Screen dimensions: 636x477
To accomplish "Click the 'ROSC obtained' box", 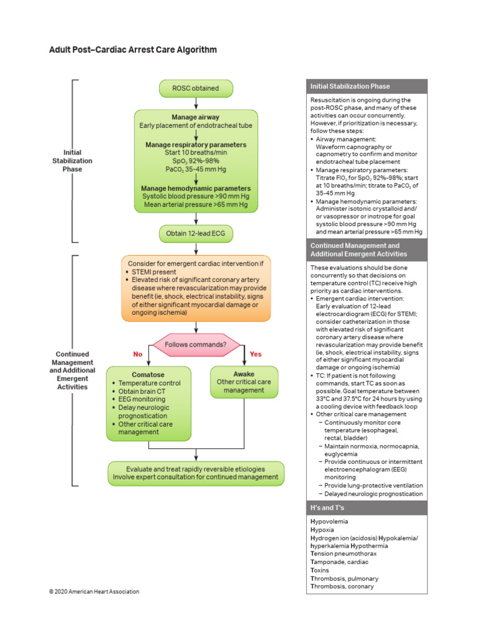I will (x=196, y=88).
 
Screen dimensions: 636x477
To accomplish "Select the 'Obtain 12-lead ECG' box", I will (x=196, y=234).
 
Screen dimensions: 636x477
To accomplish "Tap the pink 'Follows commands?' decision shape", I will (x=196, y=344).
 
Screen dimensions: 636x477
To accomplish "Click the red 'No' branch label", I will (x=138, y=354).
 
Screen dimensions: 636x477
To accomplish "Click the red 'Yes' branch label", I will (x=256, y=354).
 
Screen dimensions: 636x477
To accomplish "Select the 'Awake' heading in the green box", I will (x=243, y=374).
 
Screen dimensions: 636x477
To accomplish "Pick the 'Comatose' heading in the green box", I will (x=148, y=375).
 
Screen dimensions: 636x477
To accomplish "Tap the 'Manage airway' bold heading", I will (x=196, y=117).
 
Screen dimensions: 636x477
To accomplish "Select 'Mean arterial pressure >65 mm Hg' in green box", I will (x=196, y=204).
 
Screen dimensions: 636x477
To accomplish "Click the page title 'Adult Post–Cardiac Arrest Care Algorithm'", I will (x=133, y=50).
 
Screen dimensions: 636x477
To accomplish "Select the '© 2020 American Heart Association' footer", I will (x=94, y=591).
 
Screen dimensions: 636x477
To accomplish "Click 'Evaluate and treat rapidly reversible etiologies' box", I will (x=196, y=469).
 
